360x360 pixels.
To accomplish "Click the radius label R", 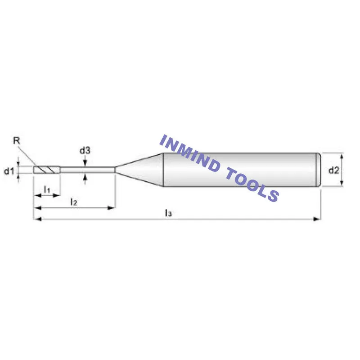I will tap(17, 140).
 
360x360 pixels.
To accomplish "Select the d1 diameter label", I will tap(9, 171).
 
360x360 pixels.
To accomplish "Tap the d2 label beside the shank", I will tap(333, 170).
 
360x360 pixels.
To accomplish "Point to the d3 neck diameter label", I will tap(85, 151).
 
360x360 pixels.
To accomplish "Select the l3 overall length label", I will tap(168, 212).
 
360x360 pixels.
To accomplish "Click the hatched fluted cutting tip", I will tap(46, 170).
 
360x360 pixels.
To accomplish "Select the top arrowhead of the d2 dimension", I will tap(342, 156).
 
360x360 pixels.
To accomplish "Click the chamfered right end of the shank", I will tap(319, 170).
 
